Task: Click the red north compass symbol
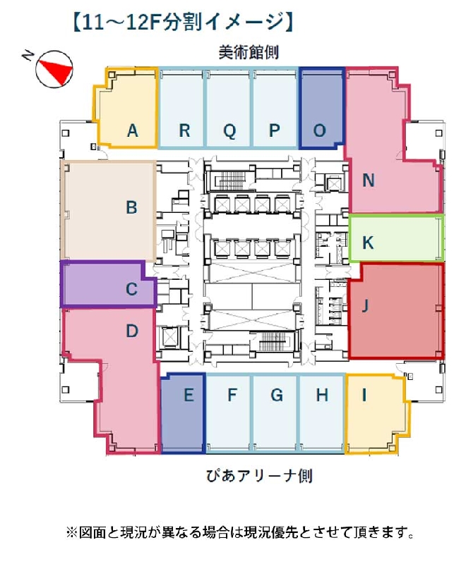[x=54, y=68]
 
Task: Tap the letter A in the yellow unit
[x=133, y=130]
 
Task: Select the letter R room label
[x=184, y=130]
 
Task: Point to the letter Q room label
[x=229, y=131]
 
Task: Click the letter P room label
[x=275, y=130]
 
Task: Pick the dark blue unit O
[x=322, y=109]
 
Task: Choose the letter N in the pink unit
[x=369, y=180]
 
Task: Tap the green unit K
[x=396, y=238]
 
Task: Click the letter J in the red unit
[x=366, y=306]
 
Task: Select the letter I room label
[x=364, y=395]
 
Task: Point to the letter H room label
[x=322, y=395]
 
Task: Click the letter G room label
[x=277, y=395]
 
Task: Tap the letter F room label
[x=232, y=395]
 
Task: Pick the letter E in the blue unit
[x=189, y=395]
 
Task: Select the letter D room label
[x=132, y=331]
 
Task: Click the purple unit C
[x=108, y=285]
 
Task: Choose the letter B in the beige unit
[x=131, y=207]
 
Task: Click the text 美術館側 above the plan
[x=249, y=52]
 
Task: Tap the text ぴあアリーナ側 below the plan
[x=259, y=476]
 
